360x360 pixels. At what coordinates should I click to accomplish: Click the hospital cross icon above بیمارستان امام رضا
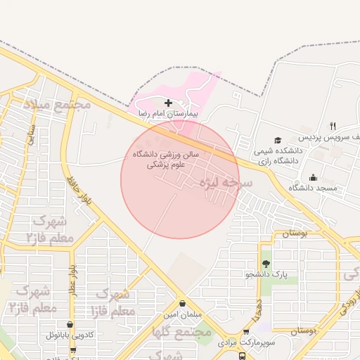point(168,103)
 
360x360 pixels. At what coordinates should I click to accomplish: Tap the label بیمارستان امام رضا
point(168,113)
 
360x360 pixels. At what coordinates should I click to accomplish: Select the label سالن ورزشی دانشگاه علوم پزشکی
point(166,158)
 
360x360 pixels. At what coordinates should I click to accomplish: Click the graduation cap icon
point(278,140)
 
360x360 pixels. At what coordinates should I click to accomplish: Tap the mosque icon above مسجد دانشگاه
point(313,177)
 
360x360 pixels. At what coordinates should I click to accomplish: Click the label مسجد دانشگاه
point(313,188)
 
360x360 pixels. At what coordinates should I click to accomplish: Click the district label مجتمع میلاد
point(58,104)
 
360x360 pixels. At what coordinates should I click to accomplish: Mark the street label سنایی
point(31,134)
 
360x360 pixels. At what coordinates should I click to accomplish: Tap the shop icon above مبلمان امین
point(183,304)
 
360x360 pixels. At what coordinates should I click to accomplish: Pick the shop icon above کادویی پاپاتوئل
point(69,325)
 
